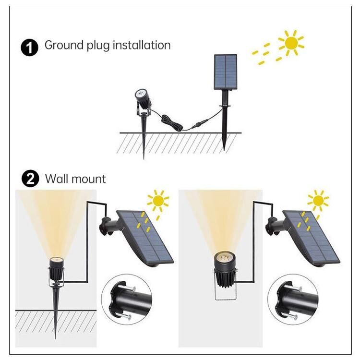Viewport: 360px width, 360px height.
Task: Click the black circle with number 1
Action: tap(29, 48)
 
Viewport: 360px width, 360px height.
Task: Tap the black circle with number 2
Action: tap(30, 179)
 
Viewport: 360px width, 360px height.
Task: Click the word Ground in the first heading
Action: tap(64, 45)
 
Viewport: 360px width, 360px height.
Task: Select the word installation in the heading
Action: tap(142, 45)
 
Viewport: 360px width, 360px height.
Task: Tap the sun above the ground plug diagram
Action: tap(291, 43)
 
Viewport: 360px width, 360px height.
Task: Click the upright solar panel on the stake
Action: tap(226, 72)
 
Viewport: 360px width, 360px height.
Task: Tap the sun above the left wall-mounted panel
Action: tap(158, 201)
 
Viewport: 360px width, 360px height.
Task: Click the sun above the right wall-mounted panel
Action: tap(318, 201)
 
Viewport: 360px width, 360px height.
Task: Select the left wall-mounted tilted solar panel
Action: tap(145, 238)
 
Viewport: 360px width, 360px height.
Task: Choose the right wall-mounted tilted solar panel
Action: tap(312, 238)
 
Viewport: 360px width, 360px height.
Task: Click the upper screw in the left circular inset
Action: tap(127, 287)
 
